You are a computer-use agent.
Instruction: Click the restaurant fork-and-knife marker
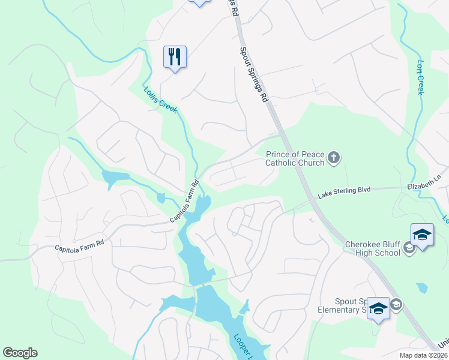coord(175,58)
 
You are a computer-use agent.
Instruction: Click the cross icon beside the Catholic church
coord(334,158)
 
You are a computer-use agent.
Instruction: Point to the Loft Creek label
coord(420,76)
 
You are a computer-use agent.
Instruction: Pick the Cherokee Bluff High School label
coord(372,248)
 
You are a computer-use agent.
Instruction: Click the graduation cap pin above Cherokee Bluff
coord(422,235)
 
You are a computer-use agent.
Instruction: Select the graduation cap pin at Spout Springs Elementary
coord(378,308)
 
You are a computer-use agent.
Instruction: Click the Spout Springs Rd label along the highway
coord(253,75)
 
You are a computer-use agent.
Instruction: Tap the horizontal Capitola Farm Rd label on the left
coord(79,245)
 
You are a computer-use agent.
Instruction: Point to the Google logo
coord(20,353)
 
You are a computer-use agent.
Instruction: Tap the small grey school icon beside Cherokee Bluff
coord(410,248)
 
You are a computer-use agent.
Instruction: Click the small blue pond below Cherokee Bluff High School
coord(422,287)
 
